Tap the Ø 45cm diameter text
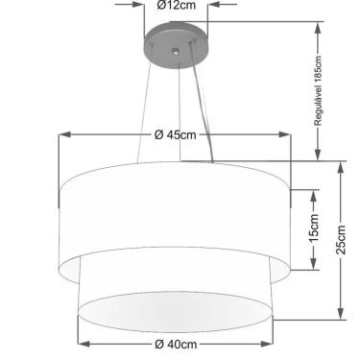174,134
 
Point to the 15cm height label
313,229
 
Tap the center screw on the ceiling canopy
177,45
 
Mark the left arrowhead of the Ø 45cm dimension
63,134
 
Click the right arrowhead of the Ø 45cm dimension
287,134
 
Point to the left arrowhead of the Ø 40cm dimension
81,343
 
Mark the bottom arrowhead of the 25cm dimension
340,318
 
